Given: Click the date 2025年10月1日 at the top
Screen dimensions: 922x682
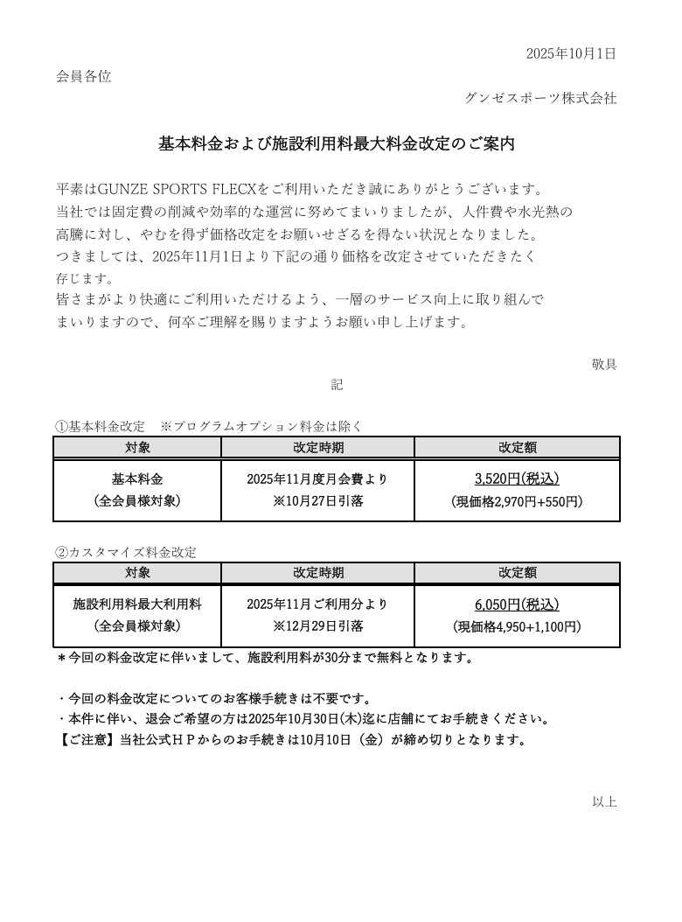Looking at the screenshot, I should [x=571, y=53].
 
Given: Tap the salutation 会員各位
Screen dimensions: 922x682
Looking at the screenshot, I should [x=83, y=76].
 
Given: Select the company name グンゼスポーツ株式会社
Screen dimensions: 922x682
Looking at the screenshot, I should [x=540, y=98].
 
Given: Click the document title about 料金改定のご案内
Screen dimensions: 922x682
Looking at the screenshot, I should [x=336, y=144].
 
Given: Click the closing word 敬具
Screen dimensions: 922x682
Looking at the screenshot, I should [x=604, y=364].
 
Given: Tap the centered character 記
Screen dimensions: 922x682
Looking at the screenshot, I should [x=337, y=384].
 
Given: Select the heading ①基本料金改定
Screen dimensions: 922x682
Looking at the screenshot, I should [x=100, y=426].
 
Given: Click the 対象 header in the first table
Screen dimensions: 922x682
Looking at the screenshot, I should [x=137, y=447].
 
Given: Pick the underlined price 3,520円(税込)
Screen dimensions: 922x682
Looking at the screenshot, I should [x=517, y=478].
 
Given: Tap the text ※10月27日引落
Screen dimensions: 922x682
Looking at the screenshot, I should [x=317, y=501].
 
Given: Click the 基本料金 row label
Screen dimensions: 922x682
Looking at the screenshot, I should [x=137, y=478].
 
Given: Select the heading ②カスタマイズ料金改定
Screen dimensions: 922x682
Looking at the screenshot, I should [x=125, y=552].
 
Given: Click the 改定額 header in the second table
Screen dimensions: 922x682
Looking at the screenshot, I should [x=518, y=572].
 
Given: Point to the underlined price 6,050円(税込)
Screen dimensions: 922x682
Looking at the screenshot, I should [x=517, y=604].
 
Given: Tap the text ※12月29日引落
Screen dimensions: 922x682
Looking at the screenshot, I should [x=317, y=626].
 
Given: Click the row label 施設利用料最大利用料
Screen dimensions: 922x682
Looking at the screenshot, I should [x=137, y=604].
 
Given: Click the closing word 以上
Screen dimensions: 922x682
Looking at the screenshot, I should [x=604, y=801].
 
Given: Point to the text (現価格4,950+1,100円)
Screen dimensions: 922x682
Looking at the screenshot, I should [x=517, y=626].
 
